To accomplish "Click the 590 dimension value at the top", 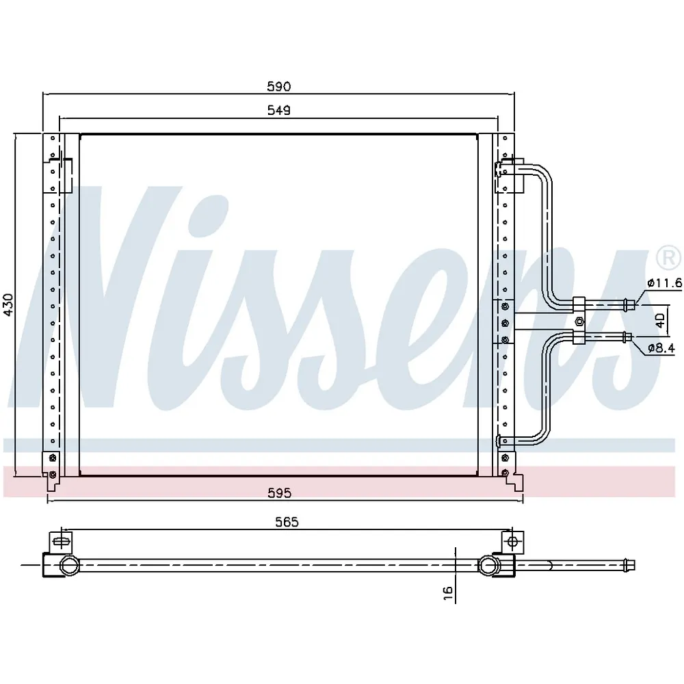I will (x=279, y=87).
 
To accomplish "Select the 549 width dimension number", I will (x=279, y=110).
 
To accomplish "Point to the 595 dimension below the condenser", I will (x=279, y=493).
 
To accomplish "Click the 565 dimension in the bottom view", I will (x=287, y=522).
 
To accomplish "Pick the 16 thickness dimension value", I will (x=447, y=592).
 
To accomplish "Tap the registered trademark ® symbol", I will (x=668, y=258).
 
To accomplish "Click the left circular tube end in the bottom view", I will (x=68, y=565).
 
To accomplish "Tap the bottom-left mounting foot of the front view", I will (x=51, y=481).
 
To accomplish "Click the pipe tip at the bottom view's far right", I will (x=631, y=565).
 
